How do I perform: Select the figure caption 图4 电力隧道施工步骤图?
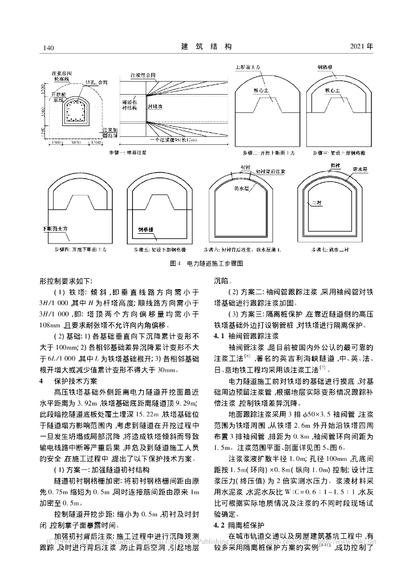click(x=206, y=264)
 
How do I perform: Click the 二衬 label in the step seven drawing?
click(x=313, y=202)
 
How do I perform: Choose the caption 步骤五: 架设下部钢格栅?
click(x=155, y=250)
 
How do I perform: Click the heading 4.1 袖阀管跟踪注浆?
click(x=242, y=336)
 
